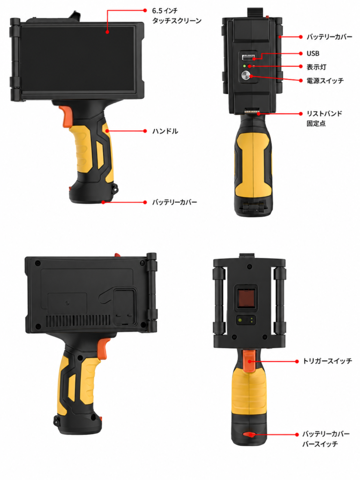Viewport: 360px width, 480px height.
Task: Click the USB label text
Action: coord(313,53)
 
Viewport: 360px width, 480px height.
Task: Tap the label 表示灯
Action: coord(316,67)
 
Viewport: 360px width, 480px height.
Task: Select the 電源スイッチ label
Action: coord(325,81)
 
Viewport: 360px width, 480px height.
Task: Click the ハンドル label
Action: coord(165,131)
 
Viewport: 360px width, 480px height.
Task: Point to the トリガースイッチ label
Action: coord(327,361)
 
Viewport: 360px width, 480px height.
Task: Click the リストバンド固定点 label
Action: coord(324,119)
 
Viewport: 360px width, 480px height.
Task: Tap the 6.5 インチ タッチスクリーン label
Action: coord(177,16)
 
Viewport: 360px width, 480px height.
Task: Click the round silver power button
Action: coord(246,75)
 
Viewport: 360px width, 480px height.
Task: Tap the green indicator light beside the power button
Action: coord(244,66)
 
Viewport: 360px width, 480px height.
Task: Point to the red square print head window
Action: coord(246,297)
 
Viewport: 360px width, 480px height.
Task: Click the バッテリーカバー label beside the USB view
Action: coord(330,37)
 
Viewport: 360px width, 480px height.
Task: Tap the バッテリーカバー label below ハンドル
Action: coord(174,202)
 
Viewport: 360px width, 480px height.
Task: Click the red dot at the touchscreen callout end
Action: coord(107,31)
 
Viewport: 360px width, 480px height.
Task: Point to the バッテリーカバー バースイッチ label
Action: coord(326,439)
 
